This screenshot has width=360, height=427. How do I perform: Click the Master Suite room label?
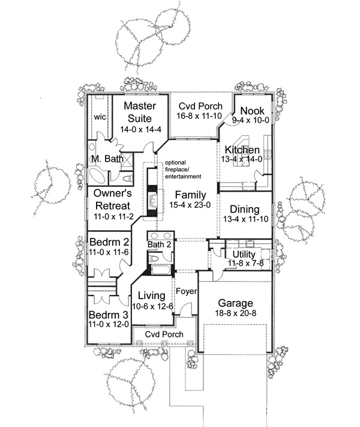[140, 112]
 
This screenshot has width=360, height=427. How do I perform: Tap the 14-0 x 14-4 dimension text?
[140, 129]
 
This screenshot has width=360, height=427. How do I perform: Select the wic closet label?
[99, 117]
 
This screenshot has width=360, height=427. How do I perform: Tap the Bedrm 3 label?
[109, 315]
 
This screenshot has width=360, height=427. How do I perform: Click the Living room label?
[151, 295]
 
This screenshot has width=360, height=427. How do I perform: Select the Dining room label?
[244, 210]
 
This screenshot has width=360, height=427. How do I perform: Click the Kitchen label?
[242, 150]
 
